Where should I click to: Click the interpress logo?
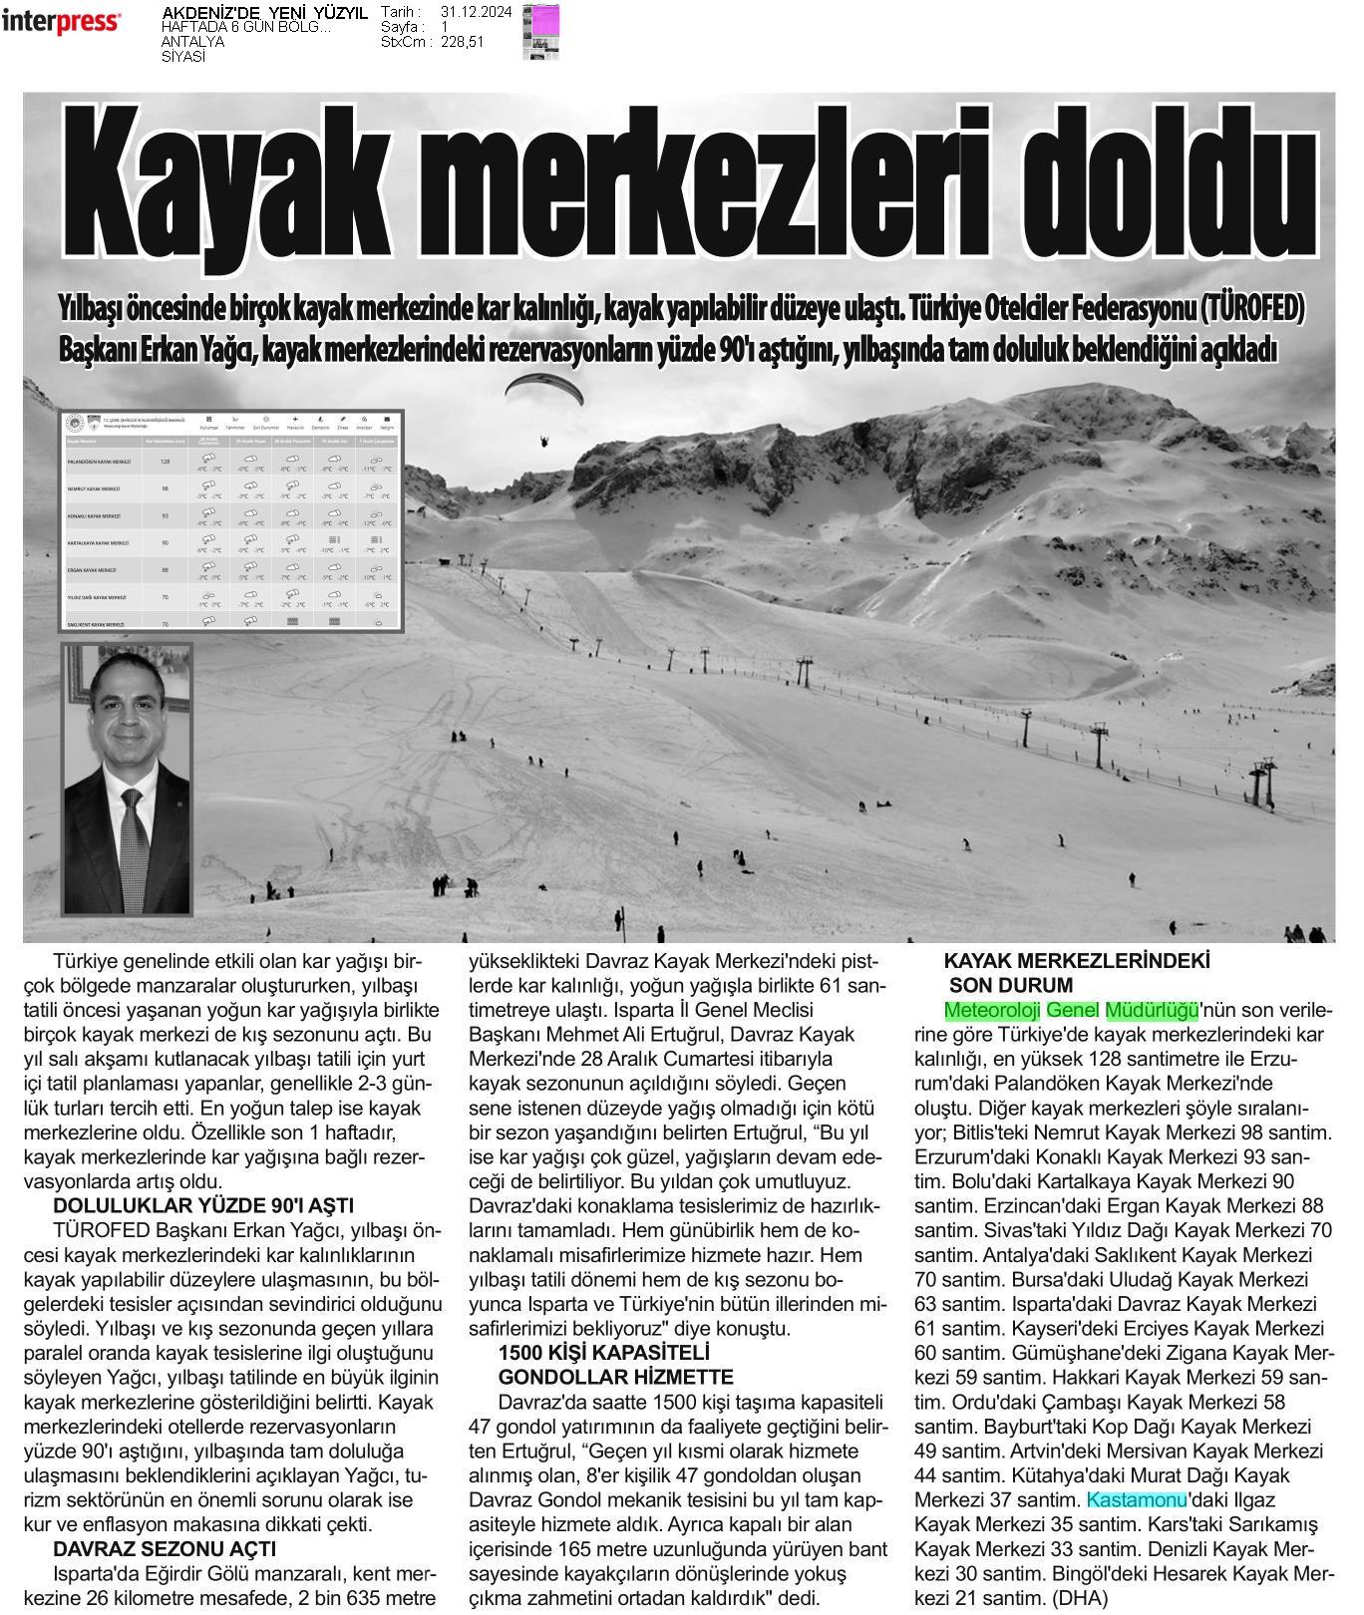coord(62,22)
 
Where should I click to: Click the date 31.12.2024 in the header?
coord(477,12)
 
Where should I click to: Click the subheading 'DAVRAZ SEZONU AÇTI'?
coord(165,1548)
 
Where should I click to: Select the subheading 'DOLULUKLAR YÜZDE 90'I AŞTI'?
coord(203,1206)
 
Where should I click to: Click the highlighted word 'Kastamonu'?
coord(1136,1499)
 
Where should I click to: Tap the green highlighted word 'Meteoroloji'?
coord(992,1010)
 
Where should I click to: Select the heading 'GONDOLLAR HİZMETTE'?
coord(615,1377)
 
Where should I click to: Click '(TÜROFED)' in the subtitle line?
coord(1250,309)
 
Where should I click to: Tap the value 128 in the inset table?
coord(166,462)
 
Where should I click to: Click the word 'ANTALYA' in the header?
coord(192,42)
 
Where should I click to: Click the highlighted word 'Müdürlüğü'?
coord(1152,1010)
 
